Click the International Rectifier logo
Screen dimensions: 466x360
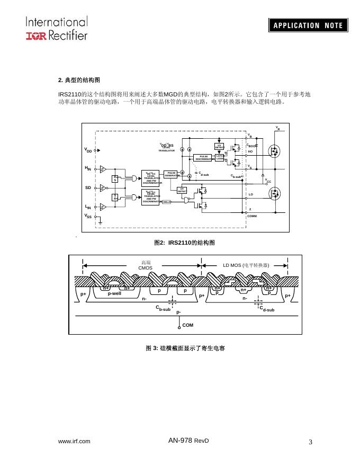(56, 28)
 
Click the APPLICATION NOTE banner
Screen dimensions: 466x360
(308, 25)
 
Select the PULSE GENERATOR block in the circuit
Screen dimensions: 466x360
(171, 174)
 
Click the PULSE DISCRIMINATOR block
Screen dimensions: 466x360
(204, 157)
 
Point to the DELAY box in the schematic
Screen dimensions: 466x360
(166, 202)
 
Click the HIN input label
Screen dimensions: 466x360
(88, 168)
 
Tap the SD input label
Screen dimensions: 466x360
(88, 187)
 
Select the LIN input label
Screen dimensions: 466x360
(88, 207)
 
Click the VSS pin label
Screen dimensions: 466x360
(88, 216)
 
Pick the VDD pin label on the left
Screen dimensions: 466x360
(88, 150)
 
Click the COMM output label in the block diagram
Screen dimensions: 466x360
(252, 216)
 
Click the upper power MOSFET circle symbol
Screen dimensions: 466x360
(274, 151)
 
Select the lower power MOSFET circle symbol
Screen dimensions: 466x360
(274, 196)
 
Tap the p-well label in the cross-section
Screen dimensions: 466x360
(114, 293)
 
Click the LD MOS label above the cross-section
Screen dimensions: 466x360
(246, 265)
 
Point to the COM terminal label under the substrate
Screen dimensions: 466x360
(188, 324)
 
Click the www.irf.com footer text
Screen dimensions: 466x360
(74, 441)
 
